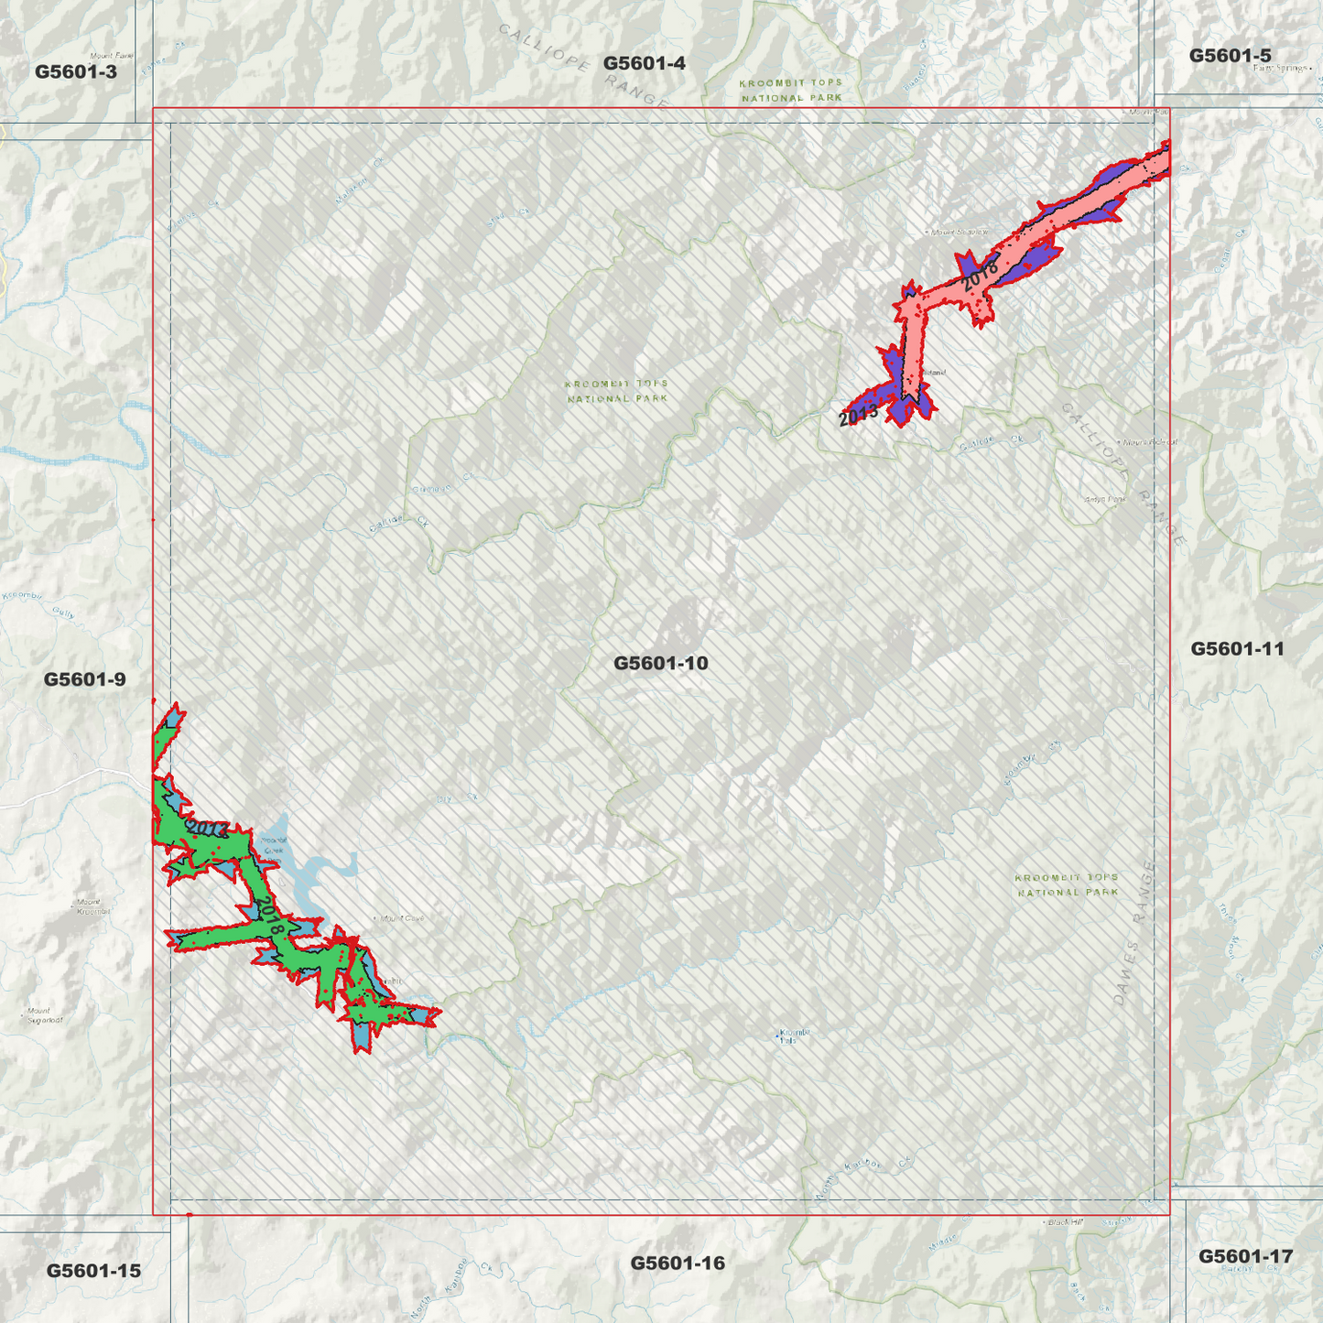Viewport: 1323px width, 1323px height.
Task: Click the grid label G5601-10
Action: tap(660, 663)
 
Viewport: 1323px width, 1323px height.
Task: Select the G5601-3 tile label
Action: tap(76, 71)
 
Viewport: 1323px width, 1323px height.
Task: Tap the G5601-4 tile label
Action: tap(644, 63)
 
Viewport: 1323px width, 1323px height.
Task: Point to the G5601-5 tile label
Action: tap(1230, 56)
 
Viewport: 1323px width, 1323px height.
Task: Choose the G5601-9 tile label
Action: tap(84, 679)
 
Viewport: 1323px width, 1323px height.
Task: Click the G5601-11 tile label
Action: tap(1237, 649)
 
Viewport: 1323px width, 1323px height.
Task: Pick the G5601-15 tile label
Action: tap(93, 1271)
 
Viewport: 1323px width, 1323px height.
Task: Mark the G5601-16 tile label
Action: tap(678, 1263)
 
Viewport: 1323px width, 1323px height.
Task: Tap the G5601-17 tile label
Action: tap(1245, 1256)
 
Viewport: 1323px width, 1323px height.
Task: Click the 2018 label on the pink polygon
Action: tap(980, 272)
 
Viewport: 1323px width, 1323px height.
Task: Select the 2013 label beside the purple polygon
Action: tap(858, 415)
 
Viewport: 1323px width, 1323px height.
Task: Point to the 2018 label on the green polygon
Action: tap(268, 916)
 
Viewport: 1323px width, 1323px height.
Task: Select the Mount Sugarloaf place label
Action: tap(44, 1015)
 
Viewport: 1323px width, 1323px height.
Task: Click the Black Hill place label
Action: tap(1064, 1222)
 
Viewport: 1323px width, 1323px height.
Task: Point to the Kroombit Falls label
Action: tap(793, 1036)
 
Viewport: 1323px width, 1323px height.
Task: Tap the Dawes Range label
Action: tap(1133, 934)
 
